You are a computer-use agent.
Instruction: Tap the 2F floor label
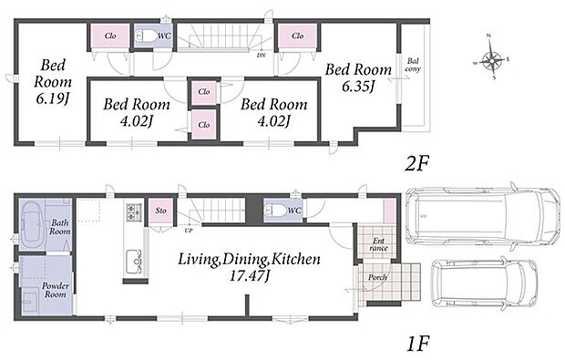[416, 164]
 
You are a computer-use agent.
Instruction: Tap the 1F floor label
[418, 344]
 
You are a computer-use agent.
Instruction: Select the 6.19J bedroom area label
[52, 98]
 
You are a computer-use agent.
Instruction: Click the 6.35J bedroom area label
[358, 87]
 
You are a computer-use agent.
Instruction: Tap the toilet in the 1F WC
[275, 211]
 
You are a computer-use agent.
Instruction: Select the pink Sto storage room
[160, 211]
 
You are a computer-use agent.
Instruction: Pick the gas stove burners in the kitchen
[134, 212]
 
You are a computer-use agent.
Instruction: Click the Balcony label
[413, 65]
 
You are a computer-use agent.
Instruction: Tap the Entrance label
[378, 244]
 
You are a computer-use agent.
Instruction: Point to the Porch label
[377, 277]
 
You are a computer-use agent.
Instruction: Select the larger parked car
[482, 216]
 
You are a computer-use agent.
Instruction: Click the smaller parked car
[485, 283]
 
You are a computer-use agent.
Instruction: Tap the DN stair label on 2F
[261, 56]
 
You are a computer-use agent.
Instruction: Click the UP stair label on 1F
[188, 231]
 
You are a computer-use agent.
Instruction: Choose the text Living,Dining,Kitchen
[249, 259]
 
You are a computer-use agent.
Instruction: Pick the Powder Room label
[55, 290]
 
